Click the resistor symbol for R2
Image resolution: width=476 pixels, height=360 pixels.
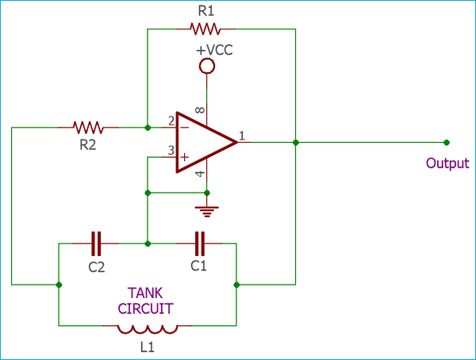click(88, 127)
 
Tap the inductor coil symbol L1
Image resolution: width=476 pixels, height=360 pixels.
click(147, 328)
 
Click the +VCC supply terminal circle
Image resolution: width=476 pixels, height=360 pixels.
click(207, 67)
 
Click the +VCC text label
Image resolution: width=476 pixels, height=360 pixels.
click(213, 50)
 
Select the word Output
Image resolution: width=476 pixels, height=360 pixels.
click(447, 163)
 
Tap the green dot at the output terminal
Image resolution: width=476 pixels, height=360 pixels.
click(447, 143)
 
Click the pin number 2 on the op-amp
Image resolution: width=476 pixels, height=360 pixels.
click(171, 121)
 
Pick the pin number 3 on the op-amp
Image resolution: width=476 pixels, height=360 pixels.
click(171, 151)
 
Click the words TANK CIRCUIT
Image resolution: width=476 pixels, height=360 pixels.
click(147, 299)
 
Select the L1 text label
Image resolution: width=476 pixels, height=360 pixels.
click(147, 347)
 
